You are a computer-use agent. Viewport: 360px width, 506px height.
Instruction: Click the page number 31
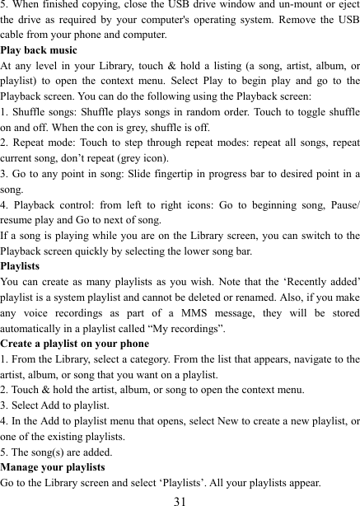click(180, 497)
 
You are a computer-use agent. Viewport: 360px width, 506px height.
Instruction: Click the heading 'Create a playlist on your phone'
click(75, 342)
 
